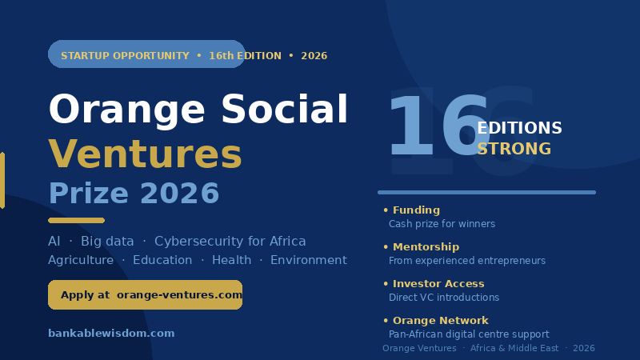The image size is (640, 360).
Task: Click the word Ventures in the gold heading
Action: (146, 154)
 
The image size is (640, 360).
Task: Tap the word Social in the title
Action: (284, 109)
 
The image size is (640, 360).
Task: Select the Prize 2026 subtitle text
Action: (134, 193)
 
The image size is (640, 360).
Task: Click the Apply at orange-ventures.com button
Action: (146, 294)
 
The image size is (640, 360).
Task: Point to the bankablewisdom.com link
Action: (111, 333)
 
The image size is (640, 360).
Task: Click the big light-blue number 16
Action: (438, 125)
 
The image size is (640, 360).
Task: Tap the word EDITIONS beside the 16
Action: (519, 128)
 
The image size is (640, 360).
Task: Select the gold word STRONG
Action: (514, 149)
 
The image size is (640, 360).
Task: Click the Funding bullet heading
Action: (416, 210)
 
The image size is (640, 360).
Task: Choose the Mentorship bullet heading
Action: (426, 247)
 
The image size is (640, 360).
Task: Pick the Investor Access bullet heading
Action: (438, 284)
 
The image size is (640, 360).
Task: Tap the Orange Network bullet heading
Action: (441, 321)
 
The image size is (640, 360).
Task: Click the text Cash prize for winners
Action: (442, 224)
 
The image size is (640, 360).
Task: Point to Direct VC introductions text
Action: (444, 298)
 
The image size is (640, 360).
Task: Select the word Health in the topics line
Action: (231, 260)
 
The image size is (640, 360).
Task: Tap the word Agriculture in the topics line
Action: (81, 261)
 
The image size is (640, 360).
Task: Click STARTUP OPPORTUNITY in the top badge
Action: (125, 56)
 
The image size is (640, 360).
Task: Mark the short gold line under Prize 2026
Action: (76, 221)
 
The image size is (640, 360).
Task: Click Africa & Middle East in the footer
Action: (514, 348)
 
